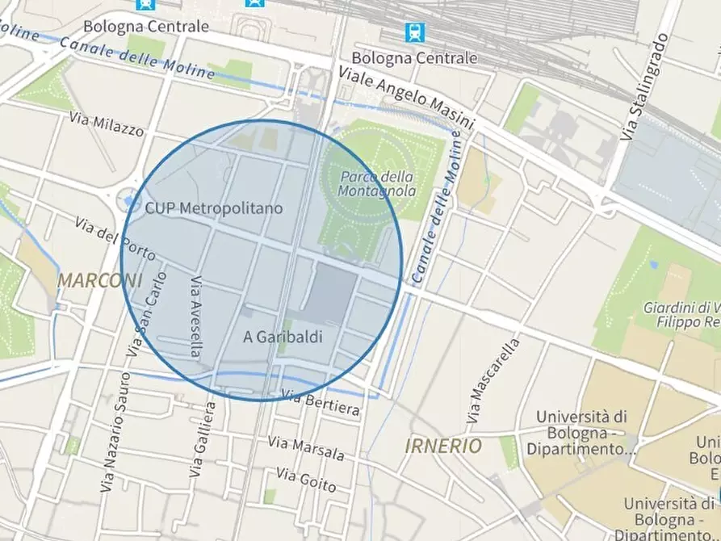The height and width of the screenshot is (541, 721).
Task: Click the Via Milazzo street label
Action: point(107,124)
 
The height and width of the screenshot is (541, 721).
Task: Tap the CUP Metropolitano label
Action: point(214,208)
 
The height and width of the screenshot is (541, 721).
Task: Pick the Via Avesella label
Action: point(195,317)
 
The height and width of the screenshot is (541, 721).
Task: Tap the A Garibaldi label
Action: point(283,338)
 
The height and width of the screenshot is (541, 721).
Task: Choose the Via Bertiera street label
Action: point(321,402)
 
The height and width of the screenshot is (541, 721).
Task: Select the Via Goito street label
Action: point(306,479)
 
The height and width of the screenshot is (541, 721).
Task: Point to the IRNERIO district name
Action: point(443,446)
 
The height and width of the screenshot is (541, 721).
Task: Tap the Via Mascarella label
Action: point(493,381)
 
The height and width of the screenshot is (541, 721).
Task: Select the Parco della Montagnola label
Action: point(377,184)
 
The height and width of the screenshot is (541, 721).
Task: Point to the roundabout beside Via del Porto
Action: point(128,199)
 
